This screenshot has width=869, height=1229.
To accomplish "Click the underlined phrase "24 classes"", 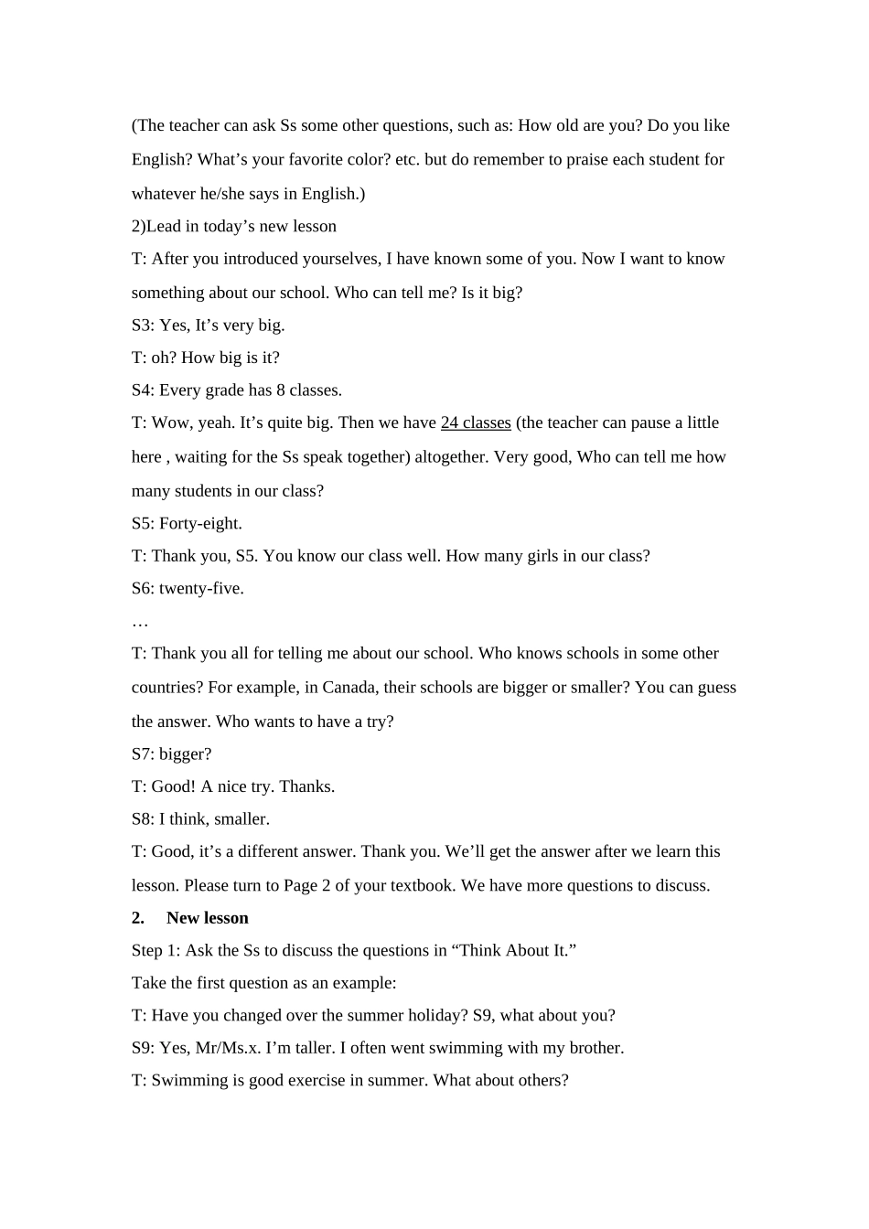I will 476,422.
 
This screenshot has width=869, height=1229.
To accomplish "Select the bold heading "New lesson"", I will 208,918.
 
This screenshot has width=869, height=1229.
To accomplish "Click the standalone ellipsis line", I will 140,623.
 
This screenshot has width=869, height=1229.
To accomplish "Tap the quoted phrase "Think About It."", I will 513,950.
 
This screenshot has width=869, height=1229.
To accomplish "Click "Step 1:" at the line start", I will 156,950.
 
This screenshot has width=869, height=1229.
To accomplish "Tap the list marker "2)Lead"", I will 156,227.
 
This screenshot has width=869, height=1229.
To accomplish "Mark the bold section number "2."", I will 138,918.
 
